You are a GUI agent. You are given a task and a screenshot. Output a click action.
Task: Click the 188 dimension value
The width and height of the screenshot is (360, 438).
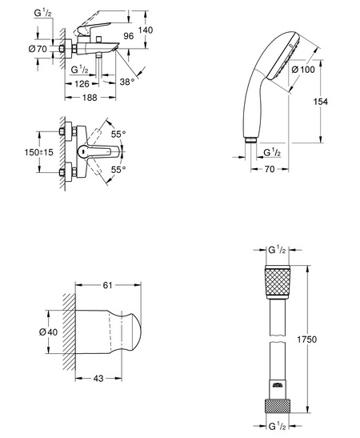(90, 98)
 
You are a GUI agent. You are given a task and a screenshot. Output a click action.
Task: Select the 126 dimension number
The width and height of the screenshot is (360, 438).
(82, 84)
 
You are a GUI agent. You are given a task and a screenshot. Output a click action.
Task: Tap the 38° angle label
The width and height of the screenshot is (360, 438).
(127, 82)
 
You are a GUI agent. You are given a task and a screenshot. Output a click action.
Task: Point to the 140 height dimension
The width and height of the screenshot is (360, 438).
(146, 30)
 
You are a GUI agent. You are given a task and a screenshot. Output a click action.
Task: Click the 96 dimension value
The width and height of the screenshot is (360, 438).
(129, 36)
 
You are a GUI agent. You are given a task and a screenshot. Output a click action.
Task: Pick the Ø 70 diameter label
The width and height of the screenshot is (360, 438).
(38, 49)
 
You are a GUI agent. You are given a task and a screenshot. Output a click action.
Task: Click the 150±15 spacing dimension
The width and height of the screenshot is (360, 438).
(38, 152)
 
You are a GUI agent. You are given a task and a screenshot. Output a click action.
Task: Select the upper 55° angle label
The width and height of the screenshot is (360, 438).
(118, 134)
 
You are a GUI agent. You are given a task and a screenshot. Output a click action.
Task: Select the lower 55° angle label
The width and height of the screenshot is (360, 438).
(118, 170)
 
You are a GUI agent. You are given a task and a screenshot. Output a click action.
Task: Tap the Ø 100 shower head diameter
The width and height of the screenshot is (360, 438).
(303, 70)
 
